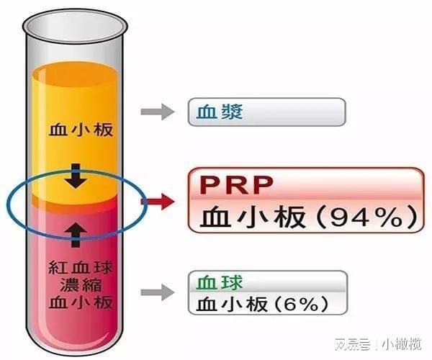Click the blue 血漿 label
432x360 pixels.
pos(220,112)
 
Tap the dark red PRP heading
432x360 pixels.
pos(237,185)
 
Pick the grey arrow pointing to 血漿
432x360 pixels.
pos(157,112)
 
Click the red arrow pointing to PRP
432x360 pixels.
pos(158,202)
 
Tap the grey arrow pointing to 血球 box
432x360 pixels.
pos(157,292)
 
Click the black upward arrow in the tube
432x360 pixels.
pos(76,235)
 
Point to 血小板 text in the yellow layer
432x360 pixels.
pos(81,130)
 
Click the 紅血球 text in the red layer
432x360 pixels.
pos(81,268)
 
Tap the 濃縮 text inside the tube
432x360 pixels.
pos(81,285)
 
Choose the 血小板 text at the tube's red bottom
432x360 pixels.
pos(81,302)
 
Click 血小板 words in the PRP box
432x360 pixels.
pos(253,217)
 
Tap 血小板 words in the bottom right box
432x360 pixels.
pos(232,305)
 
